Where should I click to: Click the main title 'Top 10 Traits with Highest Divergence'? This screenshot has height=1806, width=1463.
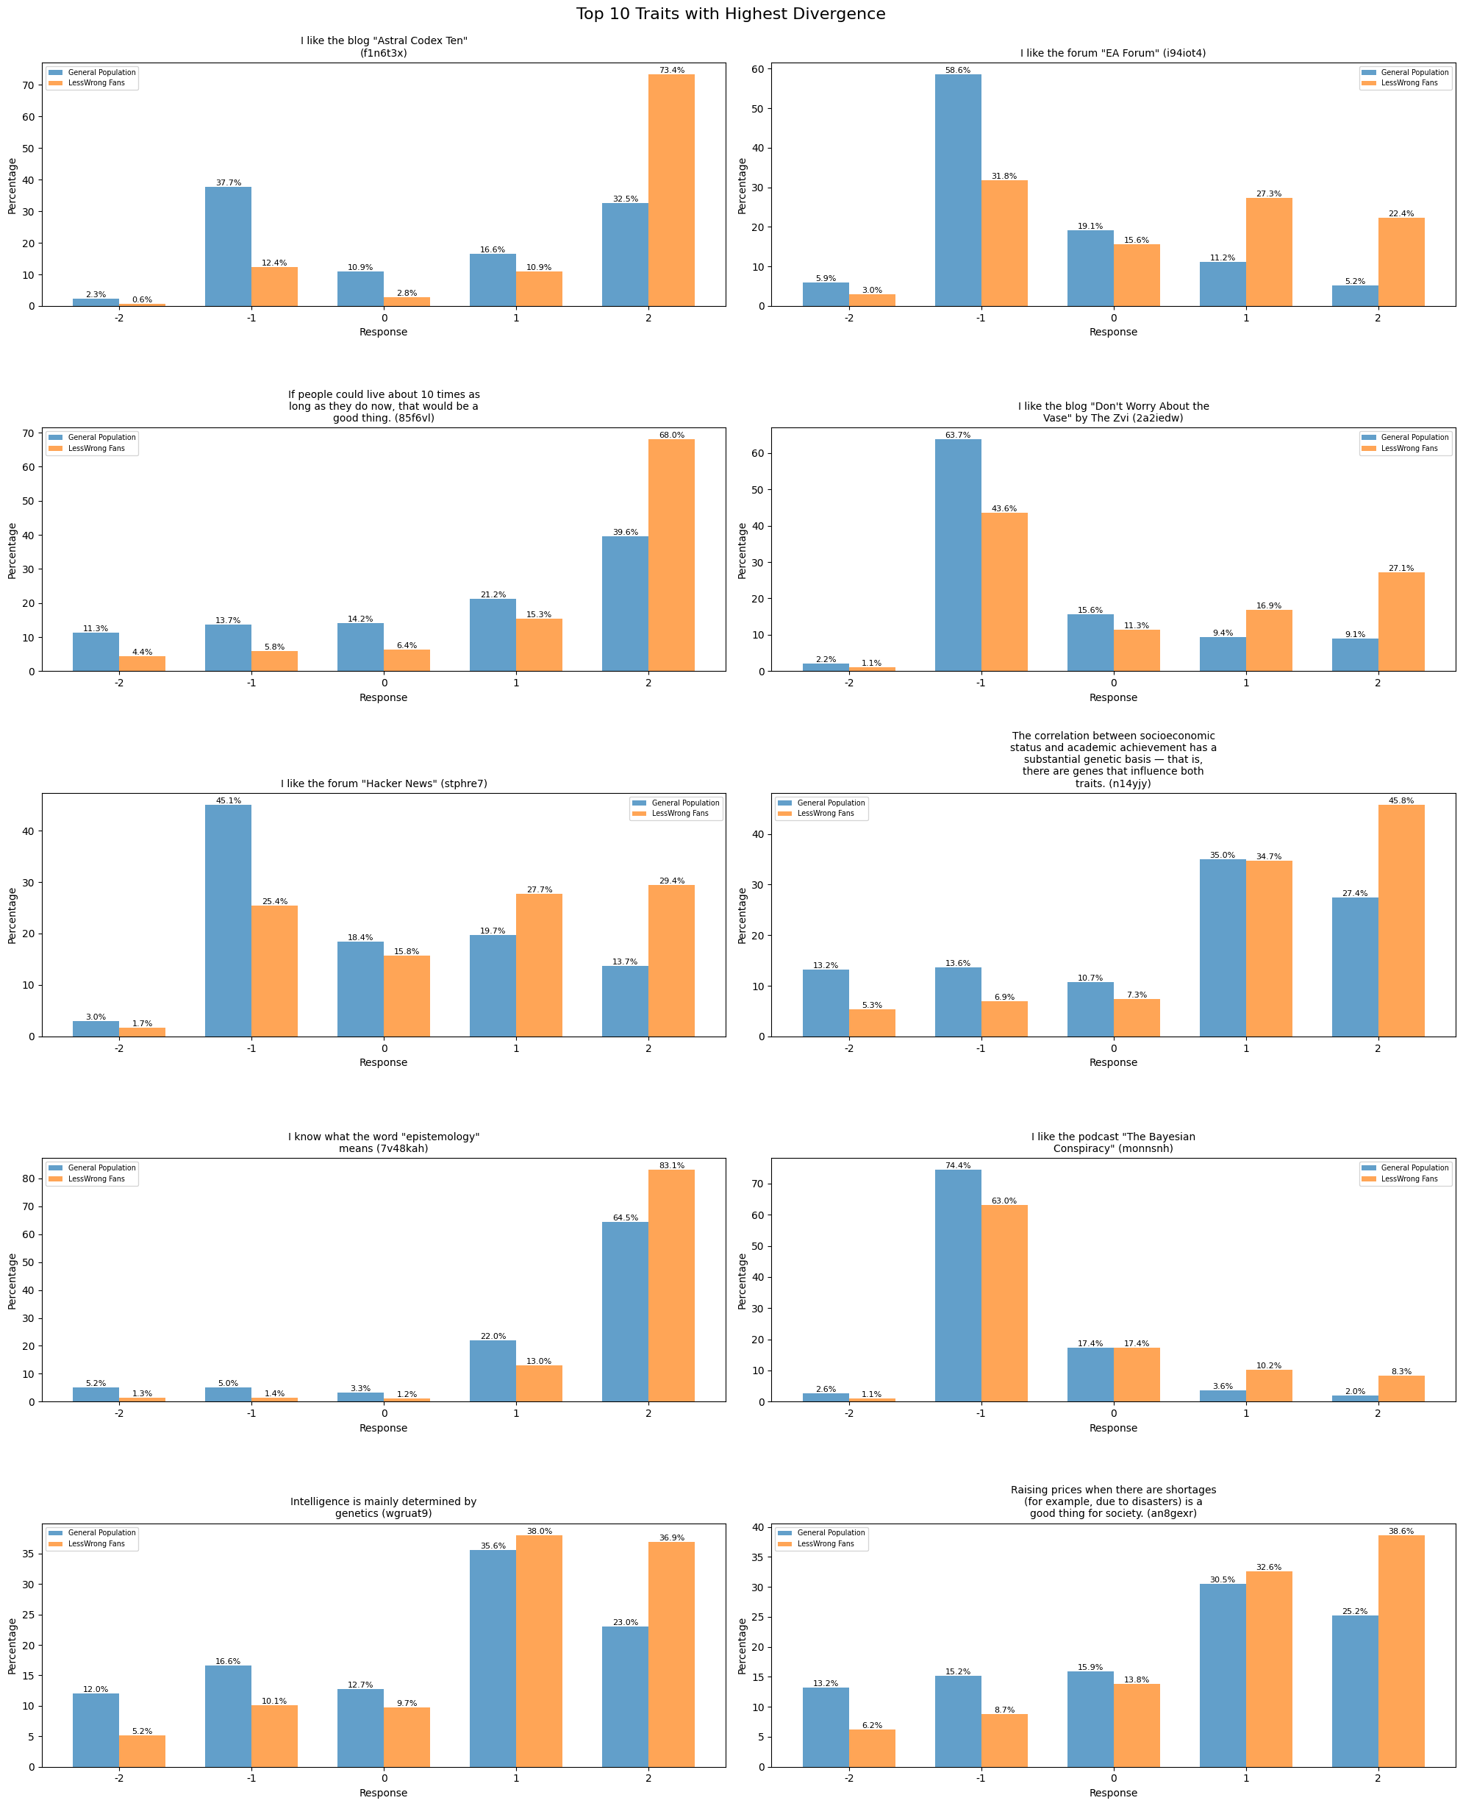(x=731, y=14)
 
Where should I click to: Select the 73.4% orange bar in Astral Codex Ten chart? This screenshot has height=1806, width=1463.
(x=672, y=191)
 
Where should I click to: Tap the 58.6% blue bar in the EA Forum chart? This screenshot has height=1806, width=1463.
(x=957, y=191)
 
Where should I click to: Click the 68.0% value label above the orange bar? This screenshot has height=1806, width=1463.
(x=672, y=435)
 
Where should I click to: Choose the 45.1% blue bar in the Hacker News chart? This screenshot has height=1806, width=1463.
(x=228, y=921)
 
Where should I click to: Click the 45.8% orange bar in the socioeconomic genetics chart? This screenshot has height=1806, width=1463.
(x=1401, y=921)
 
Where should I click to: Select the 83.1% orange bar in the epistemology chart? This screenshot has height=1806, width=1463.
(x=672, y=1286)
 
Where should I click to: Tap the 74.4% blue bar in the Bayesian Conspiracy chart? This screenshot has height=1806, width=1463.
(x=957, y=1286)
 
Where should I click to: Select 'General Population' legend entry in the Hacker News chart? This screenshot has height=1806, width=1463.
(x=685, y=803)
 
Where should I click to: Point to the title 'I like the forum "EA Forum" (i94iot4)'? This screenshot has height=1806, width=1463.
(x=1112, y=53)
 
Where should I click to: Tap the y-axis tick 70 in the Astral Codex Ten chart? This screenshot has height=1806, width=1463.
(x=28, y=86)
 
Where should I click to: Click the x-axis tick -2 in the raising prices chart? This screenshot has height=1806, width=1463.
(x=848, y=1778)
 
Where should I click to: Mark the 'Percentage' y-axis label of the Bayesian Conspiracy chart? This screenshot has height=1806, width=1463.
(x=743, y=1281)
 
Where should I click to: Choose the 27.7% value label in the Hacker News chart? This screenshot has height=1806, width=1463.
(x=540, y=889)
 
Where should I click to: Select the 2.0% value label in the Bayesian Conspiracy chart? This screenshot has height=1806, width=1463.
(x=1354, y=1391)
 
